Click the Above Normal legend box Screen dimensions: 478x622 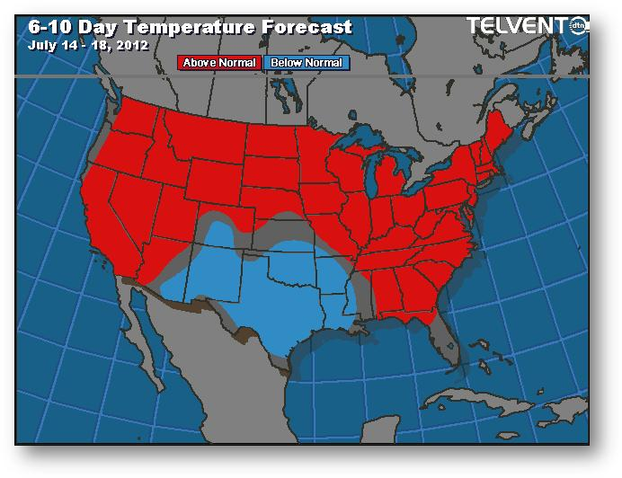pyautogui.click(x=219, y=63)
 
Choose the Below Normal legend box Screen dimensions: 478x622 pyautogui.click(x=307, y=63)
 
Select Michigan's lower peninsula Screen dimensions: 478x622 pyautogui.click(x=391, y=184)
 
